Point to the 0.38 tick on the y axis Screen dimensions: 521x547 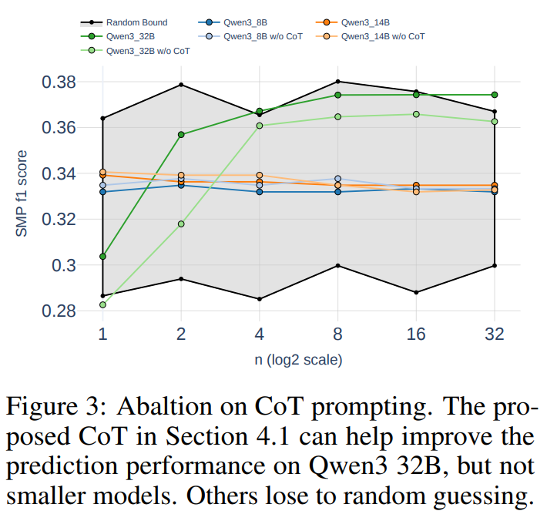coord(55,82)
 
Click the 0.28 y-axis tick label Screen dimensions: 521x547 coord(55,311)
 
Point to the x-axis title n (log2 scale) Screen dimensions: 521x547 coord(298,360)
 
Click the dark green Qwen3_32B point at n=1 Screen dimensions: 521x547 coord(102,256)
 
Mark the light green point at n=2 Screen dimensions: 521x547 coord(181,224)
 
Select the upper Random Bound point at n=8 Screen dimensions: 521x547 coord(337,82)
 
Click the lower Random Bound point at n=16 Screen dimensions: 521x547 coord(416,292)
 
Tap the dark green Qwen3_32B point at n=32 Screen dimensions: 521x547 coord(495,95)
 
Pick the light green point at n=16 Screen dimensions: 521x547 coord(416,114)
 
